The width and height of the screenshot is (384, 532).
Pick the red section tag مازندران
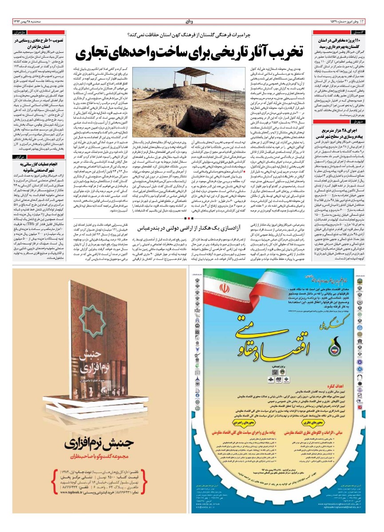[x=24, y=32]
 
